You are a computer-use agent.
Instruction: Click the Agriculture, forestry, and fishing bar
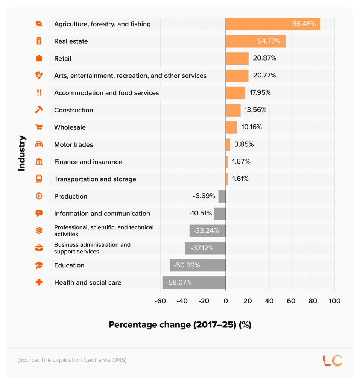coord(273,24)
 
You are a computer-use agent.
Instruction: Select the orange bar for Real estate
coord(255,41)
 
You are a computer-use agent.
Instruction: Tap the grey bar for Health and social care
coord(194,282)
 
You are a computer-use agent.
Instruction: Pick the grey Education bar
coord(197,265)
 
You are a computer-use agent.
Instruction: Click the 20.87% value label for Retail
coord(265,58)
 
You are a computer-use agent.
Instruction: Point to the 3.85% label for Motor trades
coord(244,144)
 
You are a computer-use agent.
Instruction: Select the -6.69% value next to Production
coord(204,196)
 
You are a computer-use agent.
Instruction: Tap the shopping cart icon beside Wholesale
coord(39,127)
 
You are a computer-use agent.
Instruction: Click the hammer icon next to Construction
coord(39,110)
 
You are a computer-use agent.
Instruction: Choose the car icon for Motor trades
coord(39,144)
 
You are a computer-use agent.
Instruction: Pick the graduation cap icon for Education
coord(39,265)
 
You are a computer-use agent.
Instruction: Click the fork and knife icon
coord(39,92)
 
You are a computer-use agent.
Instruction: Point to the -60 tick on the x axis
coord(160,301)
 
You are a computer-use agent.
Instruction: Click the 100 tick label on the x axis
coord(334,301)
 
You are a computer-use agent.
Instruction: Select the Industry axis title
coord(22,153)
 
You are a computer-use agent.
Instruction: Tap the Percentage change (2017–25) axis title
coord(180,325)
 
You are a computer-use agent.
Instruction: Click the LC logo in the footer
coord(332,360)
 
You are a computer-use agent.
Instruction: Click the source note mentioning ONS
coord(72,360)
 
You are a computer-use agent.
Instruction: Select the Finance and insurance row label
coord(88,162)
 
